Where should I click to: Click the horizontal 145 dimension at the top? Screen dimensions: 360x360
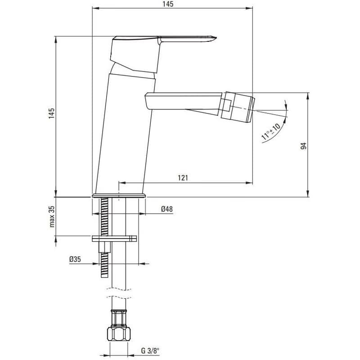[168, 4]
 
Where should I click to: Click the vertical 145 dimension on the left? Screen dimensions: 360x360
[51, 113]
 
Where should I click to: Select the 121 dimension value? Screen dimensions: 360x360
[183, 178]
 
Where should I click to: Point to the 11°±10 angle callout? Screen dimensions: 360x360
[271, 132]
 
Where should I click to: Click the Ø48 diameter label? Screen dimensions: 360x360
[167, 209]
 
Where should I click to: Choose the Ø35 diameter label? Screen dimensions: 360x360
[75, 259]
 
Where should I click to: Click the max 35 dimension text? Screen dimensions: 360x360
[52, 216]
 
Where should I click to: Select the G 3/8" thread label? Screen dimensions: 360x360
[150, 351]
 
